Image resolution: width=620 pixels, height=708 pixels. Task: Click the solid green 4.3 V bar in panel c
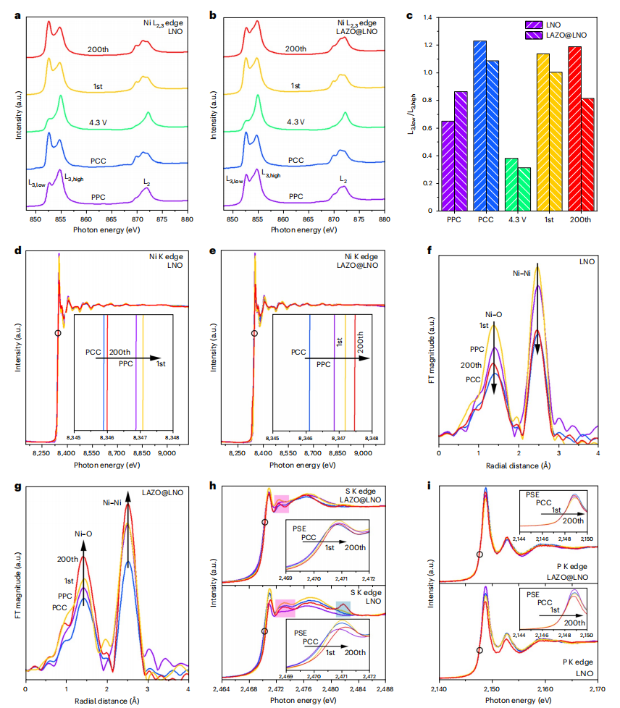[511, 185]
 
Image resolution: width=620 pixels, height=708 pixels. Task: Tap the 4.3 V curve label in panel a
[98, 122]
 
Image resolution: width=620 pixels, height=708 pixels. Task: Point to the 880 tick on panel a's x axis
[187, 219]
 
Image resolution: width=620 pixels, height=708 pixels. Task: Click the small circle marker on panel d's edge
[57, 333]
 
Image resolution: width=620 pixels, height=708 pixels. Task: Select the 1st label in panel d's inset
[161, 364]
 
